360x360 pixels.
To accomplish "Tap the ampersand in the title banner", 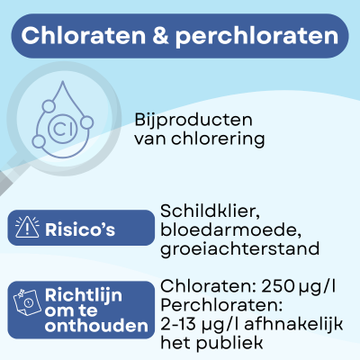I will (165, 37).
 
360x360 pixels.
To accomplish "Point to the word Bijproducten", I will (192, 120).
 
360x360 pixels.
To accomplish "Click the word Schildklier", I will (210, 211).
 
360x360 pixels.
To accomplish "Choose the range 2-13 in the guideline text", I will (181, 325).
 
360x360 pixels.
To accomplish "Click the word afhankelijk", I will (292, 325).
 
